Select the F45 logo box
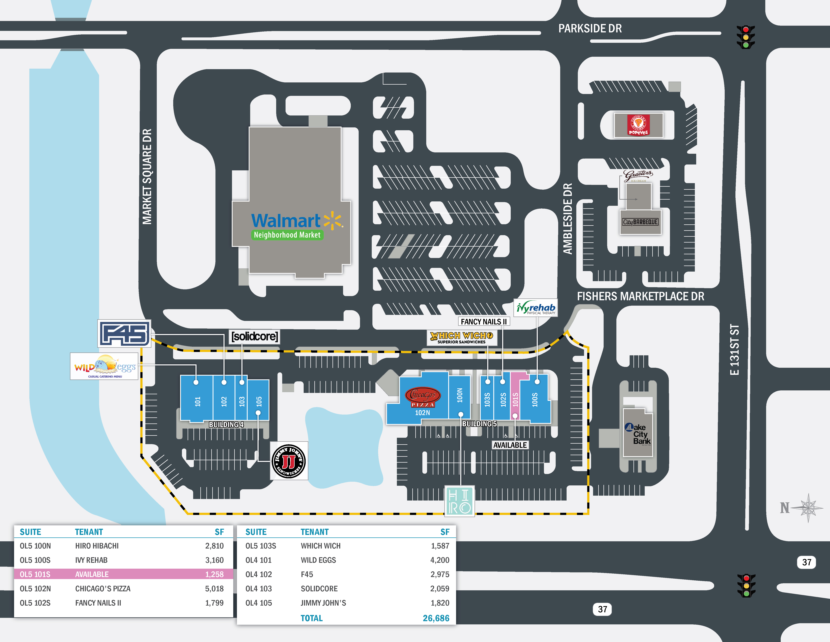(124, 334)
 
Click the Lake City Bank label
(638, 434)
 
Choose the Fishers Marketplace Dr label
(640, 296)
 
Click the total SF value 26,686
(436, 618)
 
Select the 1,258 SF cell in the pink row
(214, 574)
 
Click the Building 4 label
(226, 424)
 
